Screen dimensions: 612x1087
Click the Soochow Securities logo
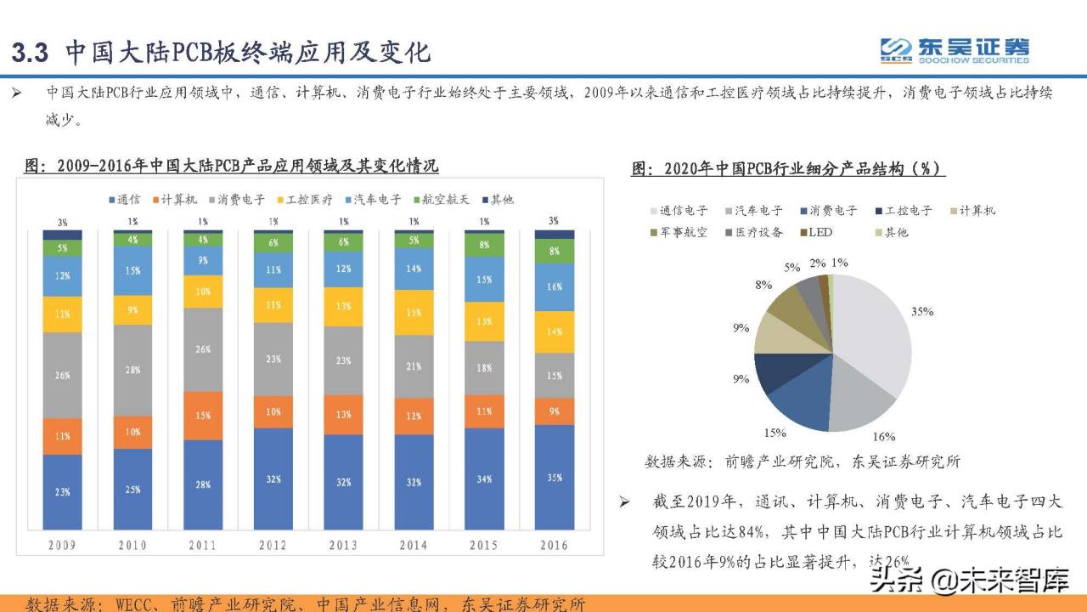coord(954,50)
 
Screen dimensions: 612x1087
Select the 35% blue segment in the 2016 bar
coord(554,477)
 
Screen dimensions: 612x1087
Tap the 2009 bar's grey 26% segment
coord(63,375)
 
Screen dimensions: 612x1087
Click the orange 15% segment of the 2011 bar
coord(203,416)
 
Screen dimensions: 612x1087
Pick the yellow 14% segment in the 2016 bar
coord(554,332)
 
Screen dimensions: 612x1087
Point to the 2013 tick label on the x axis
coord(343,545)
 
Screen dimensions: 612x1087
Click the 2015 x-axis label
coord(483,545)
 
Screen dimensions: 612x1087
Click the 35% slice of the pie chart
coord(875,340)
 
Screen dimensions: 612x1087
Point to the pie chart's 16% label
coord(884,436)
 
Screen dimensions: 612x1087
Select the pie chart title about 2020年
coord(787,168)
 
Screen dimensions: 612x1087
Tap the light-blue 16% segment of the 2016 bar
coord(554,287)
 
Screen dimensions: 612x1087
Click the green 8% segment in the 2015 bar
coord(483,245)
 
